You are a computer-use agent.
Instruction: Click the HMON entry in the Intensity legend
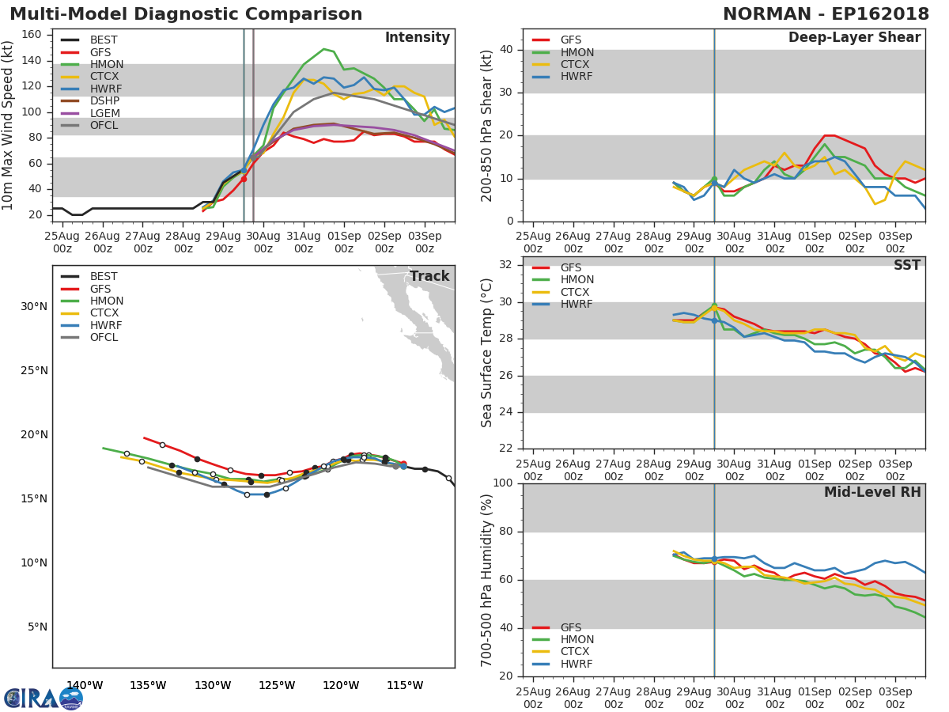pos(106,64)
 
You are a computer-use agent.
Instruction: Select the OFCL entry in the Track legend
pos(104,338)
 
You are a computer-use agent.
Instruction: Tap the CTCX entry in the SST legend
pos(577,292)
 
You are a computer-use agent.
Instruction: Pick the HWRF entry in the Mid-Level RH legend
pos(576,664)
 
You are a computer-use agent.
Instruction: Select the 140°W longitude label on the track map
pos(84,685)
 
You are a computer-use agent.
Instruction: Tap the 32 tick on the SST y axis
pos(505,265)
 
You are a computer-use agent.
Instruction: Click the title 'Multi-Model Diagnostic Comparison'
pos(186,14)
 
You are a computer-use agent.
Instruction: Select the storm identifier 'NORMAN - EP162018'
pos(826,14)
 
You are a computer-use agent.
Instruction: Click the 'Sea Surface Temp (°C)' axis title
pos(487,353)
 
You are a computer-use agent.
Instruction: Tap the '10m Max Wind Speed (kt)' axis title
pos(9,125)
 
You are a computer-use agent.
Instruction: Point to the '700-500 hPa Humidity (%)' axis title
pos(487,580)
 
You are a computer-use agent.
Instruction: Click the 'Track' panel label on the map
pos(429,276)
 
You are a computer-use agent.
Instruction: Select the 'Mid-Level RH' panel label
pos(872,492)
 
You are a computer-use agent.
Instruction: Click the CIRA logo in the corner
pos(43,698)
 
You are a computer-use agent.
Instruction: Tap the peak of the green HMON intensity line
pos(323,49)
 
